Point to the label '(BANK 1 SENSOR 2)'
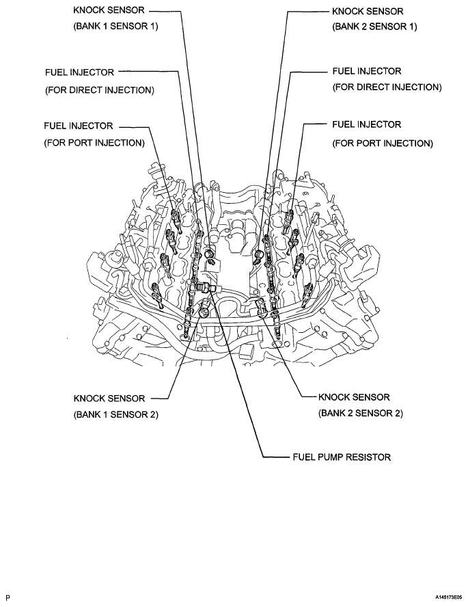[117, 414]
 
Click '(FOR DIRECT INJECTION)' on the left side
[100, 90]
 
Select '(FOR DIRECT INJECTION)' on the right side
[387, 87]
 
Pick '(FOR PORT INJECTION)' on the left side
[94, 143]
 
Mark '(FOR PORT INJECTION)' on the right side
[382, 143]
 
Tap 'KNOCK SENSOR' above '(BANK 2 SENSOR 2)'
[354, 397]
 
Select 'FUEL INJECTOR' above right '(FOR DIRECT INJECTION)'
[366, 71]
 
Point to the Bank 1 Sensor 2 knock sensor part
[206, 312]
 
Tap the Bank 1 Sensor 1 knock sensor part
[209, 256]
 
